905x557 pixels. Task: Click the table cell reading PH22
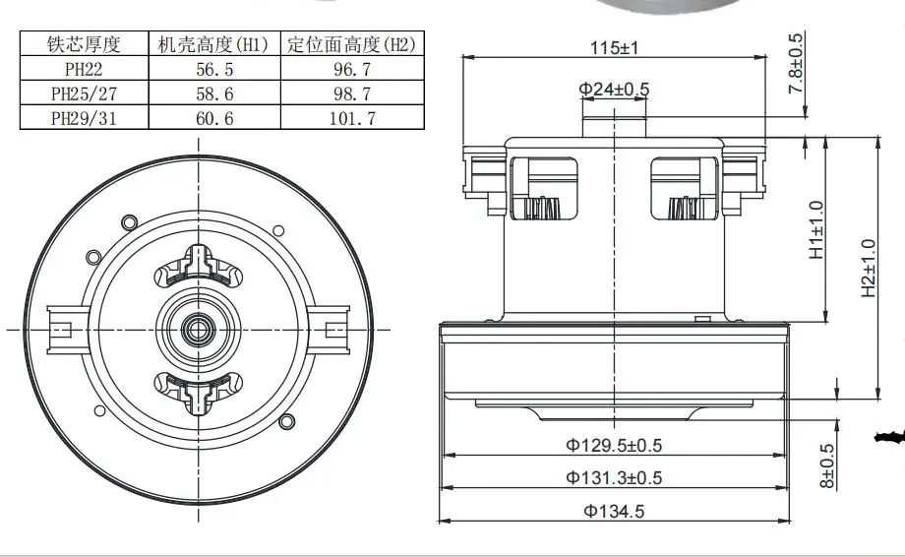[84, 69]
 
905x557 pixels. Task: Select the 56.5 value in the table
[213, 69]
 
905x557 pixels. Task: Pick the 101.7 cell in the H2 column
[351, 117]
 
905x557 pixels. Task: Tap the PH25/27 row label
[84, 93]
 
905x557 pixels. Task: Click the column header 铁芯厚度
[84, 44]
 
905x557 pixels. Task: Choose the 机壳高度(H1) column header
[213, 44]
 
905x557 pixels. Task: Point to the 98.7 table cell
[351, 93]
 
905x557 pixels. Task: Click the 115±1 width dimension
[614, 47]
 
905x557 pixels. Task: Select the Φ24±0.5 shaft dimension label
[614, 90]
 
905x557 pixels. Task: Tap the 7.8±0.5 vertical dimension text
[795, 64]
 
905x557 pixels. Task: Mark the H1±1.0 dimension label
[816, 230]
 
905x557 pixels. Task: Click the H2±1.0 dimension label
[868, 268]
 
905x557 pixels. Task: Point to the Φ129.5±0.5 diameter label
[614, 445]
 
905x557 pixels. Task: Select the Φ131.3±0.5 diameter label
[614, 477]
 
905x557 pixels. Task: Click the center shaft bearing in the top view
[200, 326]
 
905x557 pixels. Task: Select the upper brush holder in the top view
[200, 266]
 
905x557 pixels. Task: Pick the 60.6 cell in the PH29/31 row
[213, 117]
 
